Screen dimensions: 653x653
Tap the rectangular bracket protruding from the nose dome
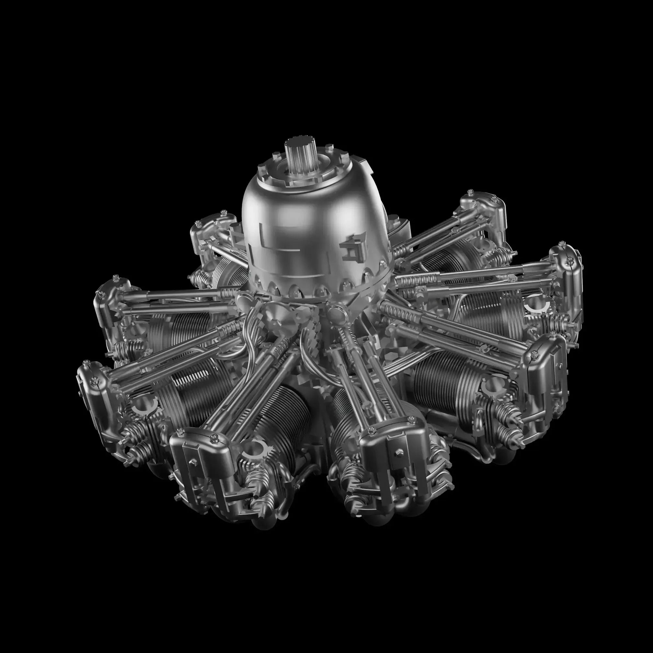point(352,248)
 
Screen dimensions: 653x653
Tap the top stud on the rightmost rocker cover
point(561,244)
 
